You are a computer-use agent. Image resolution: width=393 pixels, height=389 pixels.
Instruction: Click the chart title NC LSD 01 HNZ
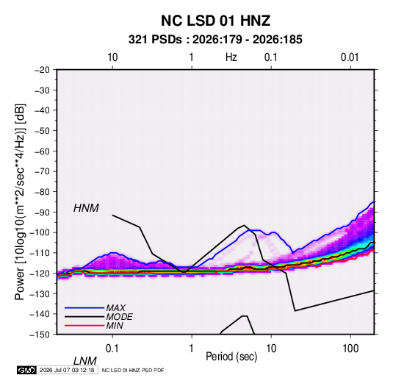coord(215,21)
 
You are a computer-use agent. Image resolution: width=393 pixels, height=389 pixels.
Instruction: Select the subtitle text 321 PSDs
coord(155,40)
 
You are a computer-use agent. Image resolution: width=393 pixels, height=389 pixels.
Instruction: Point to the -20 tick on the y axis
coord(42,70)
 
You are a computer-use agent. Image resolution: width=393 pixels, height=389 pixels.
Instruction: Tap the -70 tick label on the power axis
coord(42,171)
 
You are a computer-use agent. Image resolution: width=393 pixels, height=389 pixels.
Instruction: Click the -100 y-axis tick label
coord(40,232)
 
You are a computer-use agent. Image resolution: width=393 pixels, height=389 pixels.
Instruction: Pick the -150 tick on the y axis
coord(40,335)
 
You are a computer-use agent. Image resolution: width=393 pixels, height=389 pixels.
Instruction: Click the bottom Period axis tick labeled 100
coord(350,349)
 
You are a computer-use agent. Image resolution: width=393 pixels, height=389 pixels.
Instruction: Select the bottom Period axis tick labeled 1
coord(191,349)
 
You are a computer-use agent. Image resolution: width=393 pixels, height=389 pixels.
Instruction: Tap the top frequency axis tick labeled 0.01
coord(350,57)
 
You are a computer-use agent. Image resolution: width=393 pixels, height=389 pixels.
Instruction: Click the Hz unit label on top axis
coord(231,57)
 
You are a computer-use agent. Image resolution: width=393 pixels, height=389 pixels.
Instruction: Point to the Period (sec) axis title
coord(231,357)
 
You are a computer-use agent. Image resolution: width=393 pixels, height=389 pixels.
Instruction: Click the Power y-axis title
coord(20,201)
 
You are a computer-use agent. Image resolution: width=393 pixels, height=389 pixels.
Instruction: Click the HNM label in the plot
coord(86,208)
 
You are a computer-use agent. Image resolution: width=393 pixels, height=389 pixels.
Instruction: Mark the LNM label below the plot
coord(84,361)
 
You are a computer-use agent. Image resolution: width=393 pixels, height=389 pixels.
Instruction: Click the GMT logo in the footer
coord(26,370)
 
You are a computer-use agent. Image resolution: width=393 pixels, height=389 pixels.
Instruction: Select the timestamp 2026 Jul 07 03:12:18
coord(67,370)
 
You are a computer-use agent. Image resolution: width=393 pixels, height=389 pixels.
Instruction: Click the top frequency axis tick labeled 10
coord(112,57)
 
